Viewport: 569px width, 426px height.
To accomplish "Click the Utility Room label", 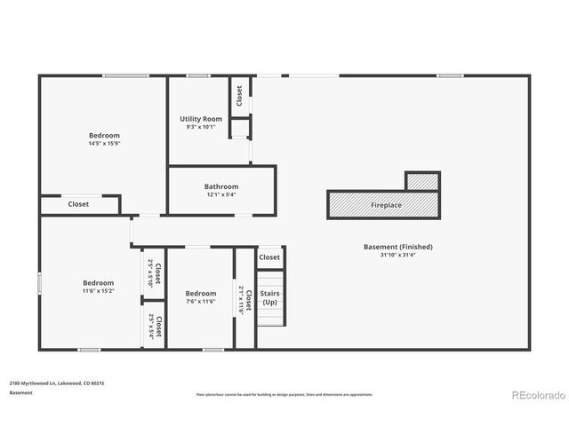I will tap(201, 119).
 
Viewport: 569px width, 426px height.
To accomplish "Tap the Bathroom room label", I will tap(221, 186).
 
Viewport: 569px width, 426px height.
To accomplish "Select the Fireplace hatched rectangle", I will tap(385, 205).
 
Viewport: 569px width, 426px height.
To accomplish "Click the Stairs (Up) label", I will tap(269, 297).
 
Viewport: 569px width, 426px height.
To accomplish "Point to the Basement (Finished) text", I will tap(397, 247).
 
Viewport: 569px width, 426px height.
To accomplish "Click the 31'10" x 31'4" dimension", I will tap(397, 256).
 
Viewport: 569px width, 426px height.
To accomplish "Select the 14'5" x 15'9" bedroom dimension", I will tap(104, 144).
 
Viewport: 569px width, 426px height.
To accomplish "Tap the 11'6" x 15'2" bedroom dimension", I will tap(99, 291).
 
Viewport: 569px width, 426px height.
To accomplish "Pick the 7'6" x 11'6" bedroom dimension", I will tap(201, 302).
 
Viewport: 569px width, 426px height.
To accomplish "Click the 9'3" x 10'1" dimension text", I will tap(201, 127).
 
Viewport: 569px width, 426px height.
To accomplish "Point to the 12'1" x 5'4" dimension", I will tap(221, 194).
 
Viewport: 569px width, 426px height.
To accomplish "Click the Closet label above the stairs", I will tap(269, 257).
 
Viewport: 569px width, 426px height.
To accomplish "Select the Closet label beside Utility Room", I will tap(238, 95).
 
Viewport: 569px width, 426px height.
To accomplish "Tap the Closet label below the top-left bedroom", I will tap(78, 204).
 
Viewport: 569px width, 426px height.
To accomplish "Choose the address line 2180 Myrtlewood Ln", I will tap(57, 383).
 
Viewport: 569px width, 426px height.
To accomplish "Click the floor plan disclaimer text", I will tap(284, 394).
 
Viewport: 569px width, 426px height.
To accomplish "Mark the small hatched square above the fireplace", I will tap(422, 181).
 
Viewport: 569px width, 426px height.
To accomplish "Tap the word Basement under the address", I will tap(20, 392).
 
